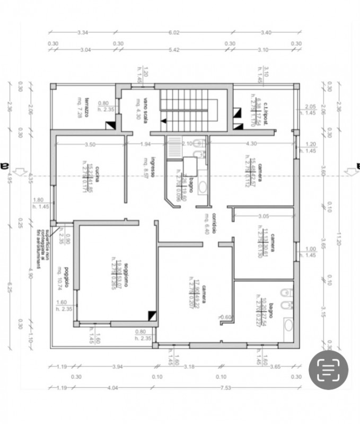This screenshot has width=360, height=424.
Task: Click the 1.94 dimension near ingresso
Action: (x=146, y=144)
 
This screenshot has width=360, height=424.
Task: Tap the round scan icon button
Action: (x=328, y=370)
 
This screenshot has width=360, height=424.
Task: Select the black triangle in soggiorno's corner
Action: (x=153, y=315)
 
